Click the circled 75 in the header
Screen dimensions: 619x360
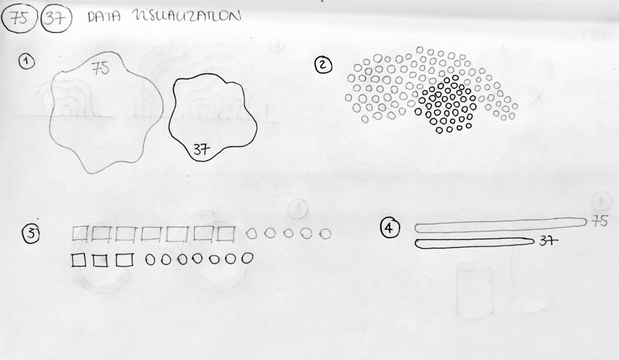click(19, 19)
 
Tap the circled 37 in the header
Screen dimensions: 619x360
click(56, 19)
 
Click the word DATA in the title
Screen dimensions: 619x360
click(104, 17)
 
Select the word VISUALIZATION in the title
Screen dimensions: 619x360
click(187, 16)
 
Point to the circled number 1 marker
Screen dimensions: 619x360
click(27, 62)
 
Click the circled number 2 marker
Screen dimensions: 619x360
click(323, 66)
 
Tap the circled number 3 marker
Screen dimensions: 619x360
click(31, 234)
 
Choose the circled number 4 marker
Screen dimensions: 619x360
click(389, 228)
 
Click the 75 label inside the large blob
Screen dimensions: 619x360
click(100, 68)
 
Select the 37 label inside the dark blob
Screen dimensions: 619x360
click(201, 150)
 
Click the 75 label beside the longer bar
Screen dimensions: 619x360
click(599, 221)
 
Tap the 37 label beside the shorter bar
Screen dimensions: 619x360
click(549, 241)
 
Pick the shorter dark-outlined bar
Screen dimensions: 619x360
click(474, 243)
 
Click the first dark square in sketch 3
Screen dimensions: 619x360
click(79, 260)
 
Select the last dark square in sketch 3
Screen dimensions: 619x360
click(124, 260)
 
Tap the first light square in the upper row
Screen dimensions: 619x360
click(80, 233)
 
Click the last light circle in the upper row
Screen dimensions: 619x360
click(325, 234)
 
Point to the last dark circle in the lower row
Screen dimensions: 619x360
click(247, 258)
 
